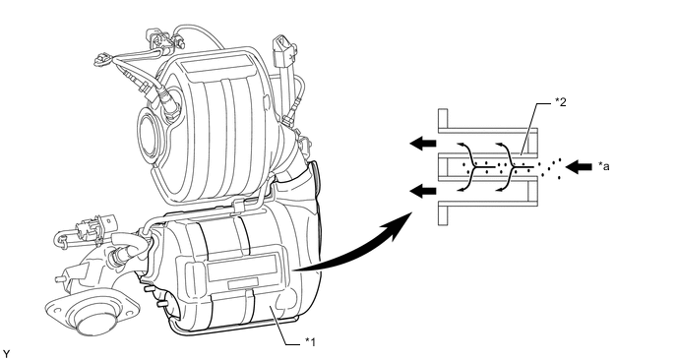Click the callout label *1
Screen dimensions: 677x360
310,342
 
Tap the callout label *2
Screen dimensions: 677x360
561,102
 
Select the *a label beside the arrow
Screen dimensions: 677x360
604,166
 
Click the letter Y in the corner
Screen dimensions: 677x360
5,354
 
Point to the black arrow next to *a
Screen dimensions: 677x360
579,166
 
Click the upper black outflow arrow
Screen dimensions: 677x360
423,143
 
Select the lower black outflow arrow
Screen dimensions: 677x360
423,190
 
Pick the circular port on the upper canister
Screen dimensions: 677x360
149,133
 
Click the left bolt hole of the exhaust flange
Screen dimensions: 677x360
52,308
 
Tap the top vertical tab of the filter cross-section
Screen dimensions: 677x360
443,120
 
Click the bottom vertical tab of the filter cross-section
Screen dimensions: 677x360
443,212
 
